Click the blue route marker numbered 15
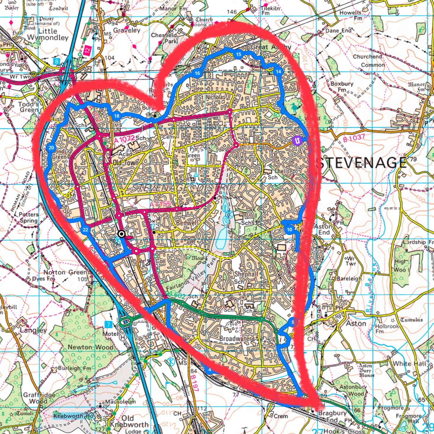tap(238, 54)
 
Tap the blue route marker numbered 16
tap(197, 73)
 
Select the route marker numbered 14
tap(278, 72)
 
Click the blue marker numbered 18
tap(117, 116)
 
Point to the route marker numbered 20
tap(51, 148)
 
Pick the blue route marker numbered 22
tap(85, 230)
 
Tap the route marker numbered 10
tap(289, 229)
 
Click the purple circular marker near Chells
tap(297, 141)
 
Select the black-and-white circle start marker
tap(121, 234)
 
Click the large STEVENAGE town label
tap(362, 162)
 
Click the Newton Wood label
tap(90, 347)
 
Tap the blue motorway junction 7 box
tap(108, 325)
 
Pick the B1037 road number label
tap(354, 138)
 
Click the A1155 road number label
tap(160, 204)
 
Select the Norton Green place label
tap(65, 272)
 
